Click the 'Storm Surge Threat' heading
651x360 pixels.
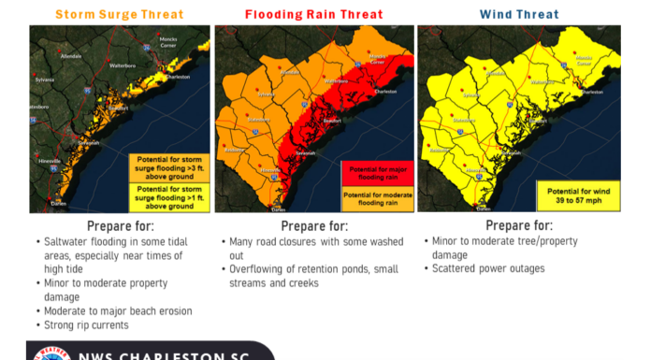[119, 14]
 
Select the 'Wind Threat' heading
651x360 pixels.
[519, 14]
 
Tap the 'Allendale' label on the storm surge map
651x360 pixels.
[70, 57]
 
